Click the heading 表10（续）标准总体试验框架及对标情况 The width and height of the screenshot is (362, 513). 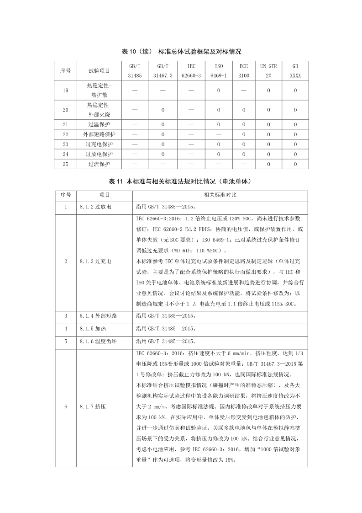point(181,51)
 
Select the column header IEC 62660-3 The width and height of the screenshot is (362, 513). point(191,71)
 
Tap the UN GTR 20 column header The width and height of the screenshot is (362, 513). point(268,71)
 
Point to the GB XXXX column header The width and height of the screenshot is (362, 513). point(295,71)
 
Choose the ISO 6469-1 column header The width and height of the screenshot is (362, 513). point(218,71)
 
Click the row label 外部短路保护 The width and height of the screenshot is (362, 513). point(99,134)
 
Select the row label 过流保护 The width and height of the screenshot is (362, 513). point(99,164)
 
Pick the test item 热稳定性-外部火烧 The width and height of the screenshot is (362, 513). point(99,110)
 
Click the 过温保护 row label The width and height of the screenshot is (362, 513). point(99,124)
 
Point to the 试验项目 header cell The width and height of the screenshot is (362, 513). point(99,71)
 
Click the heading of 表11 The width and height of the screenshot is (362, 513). point(181,182)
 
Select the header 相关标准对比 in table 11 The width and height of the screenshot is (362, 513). point(220,195)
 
